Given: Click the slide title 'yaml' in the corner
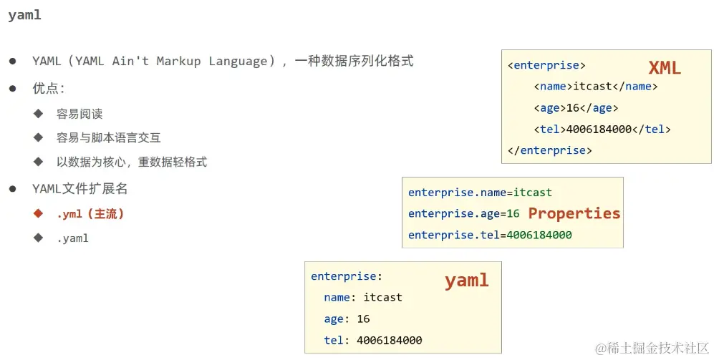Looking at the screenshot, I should pos(24,15).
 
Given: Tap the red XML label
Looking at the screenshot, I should pos(664,68).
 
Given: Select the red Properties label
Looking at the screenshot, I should pos(574,213).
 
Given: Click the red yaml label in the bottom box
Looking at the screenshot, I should pos(466,280).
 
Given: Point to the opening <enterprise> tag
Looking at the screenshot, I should pos(546,65).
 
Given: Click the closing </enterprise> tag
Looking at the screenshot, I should pos(549,150).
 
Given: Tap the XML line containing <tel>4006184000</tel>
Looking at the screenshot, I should pos(602,130).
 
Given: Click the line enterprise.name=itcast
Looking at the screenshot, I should pos(480,193).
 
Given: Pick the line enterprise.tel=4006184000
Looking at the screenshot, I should pos(490,235).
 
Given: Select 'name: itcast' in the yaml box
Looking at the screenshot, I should pos(362,297).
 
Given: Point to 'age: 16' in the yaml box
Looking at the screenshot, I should pos(347,318).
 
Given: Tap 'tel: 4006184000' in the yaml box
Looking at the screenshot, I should pos(372,341).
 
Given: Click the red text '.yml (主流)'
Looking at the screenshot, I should pos(90,214).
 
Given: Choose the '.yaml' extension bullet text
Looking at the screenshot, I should pos(72,238).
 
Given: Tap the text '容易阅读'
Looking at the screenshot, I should pos(79,114).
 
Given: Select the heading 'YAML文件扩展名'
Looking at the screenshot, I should pos(79,189).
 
